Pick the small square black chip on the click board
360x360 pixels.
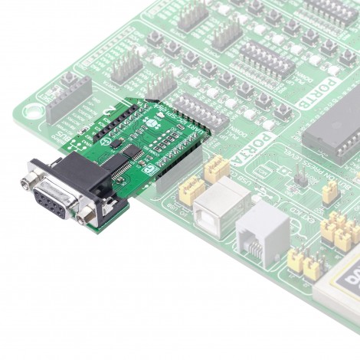coord(113,142)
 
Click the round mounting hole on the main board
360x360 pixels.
coord(31,110)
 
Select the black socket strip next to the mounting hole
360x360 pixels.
coord(69,99)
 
